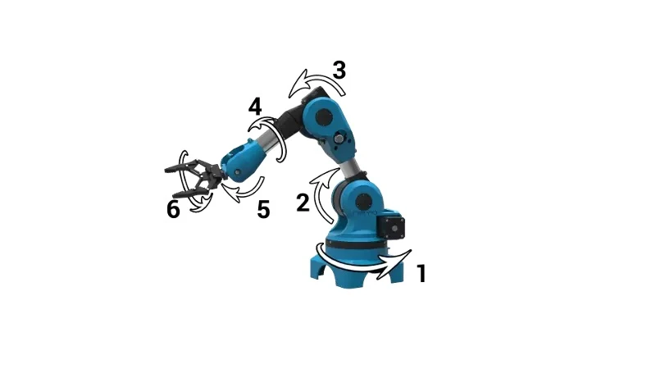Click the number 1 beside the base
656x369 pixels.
pyautogui.click(x=421, y=273)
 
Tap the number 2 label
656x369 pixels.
pyautogui.click(x=303, y=203)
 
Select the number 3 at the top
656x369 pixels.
pyautogui.click(x=338, y=71)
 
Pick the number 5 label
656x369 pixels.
pyautogui.click(x=262, y=210)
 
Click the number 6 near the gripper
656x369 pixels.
pyautogui.click(x=173, y=210)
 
